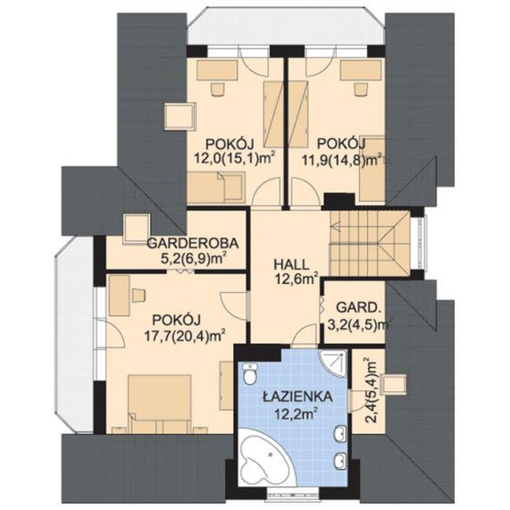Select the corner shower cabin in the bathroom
[333, 364]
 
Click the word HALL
[291, 264]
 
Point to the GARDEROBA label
[193, 243]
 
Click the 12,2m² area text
[296, 414]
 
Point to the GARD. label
[358, 307]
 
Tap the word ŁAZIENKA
[297, 397]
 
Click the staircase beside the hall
[370, 243]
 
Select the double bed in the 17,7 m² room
[159, 404]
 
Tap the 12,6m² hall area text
[297, 279]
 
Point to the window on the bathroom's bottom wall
[292, 491]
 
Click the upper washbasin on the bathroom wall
[341, 433]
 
